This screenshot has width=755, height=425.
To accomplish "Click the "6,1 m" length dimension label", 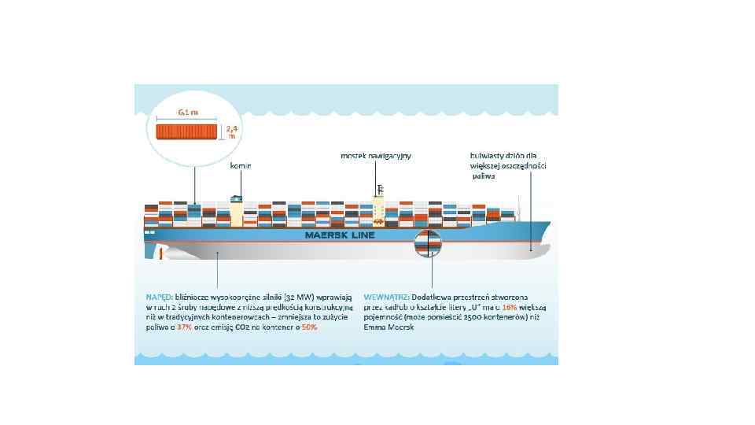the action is coord(188,112).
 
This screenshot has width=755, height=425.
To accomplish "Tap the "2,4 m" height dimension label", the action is coord(231,131).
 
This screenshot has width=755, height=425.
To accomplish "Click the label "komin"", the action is coord(240,166).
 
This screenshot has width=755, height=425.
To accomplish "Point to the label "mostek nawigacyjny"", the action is coord(376,156).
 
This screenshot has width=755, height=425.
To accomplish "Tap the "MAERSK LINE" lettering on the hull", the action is coord(340,235).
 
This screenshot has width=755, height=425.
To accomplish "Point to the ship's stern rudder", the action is coord(153,250).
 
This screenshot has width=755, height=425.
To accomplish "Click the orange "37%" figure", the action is coord(185,326).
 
